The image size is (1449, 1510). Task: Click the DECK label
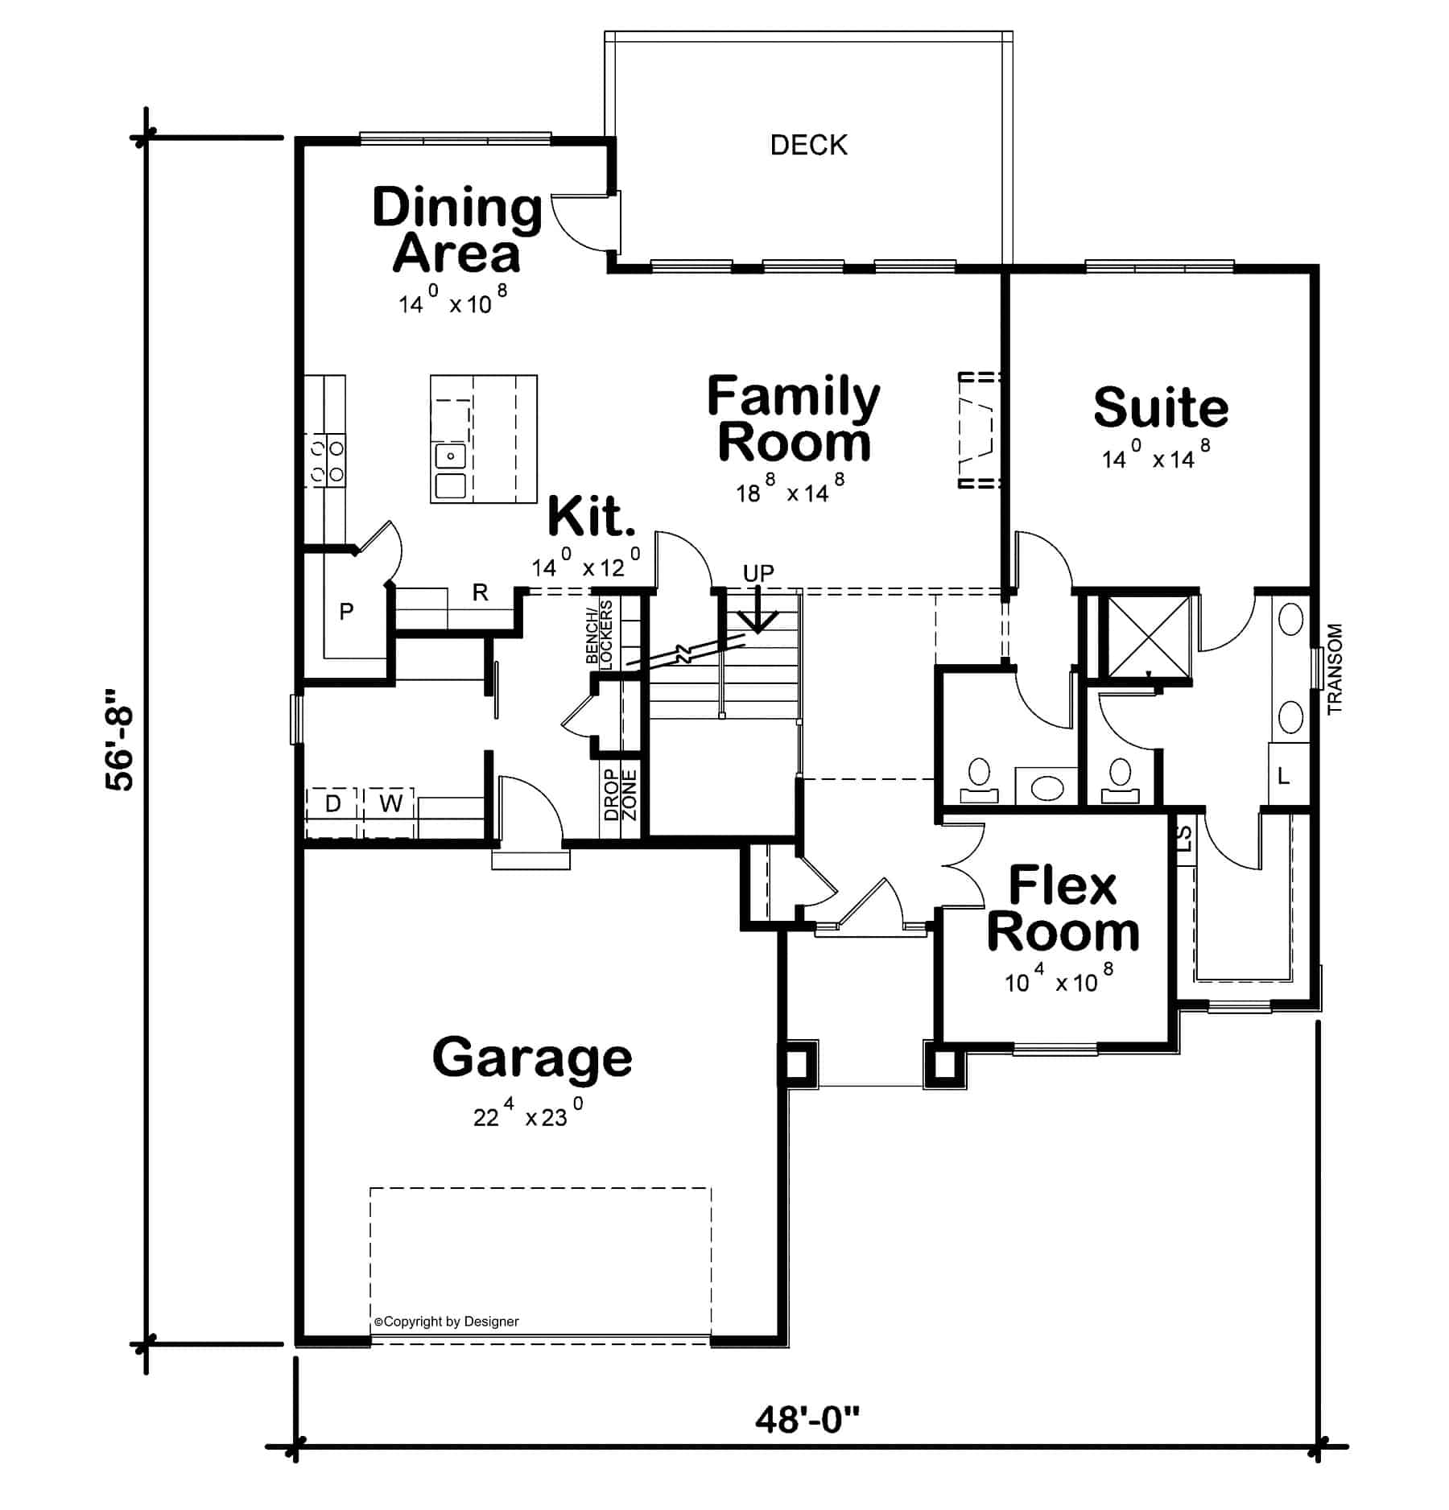point(808,145)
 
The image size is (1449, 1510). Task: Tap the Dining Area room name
point(457,230)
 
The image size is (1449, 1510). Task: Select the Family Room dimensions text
point(790,488)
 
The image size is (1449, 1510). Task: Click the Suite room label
point(1160,408)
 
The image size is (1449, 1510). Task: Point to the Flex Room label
point(1063,909)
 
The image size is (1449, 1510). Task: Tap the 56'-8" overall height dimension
point(120,740)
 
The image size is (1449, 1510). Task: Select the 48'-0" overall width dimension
point(807,1420)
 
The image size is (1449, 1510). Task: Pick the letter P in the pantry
point(346,612)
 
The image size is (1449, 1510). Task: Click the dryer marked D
point(333,802)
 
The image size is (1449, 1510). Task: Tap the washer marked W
point(390,802)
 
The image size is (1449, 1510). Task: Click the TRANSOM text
point(1335,669)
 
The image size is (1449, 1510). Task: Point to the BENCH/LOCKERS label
point(600,633)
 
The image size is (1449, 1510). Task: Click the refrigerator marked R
point(480,593)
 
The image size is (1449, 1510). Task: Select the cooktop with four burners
point(326,460)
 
